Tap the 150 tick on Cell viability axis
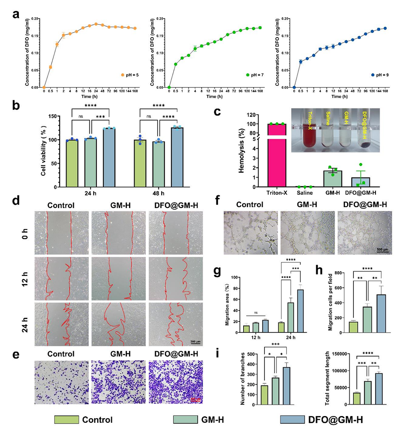pos(50,116)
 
